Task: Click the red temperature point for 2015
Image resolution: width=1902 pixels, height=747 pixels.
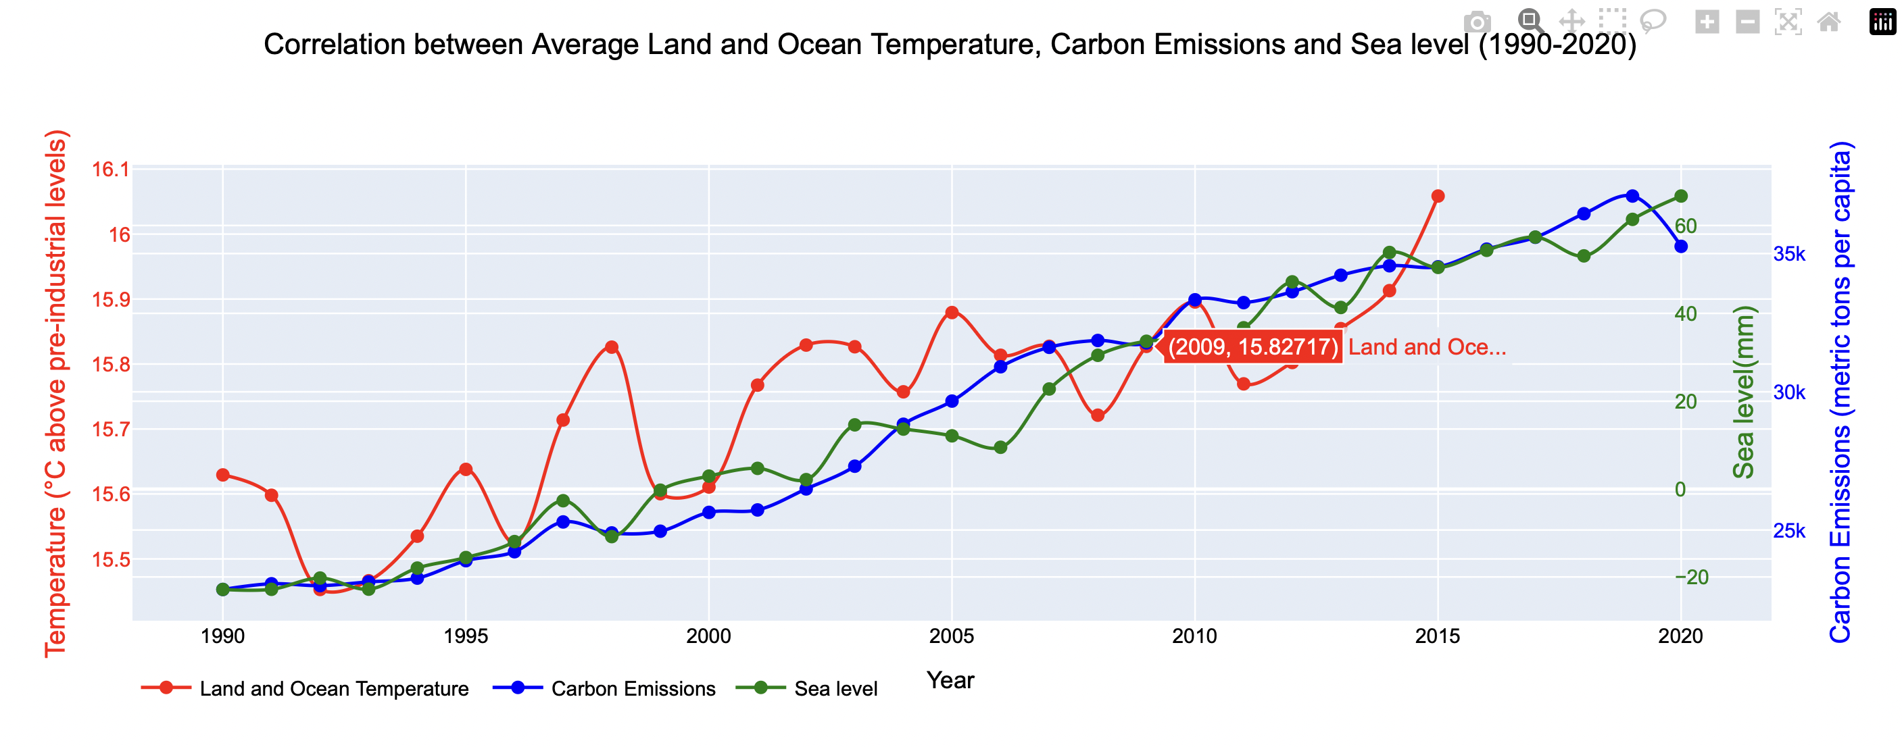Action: (1437, 197)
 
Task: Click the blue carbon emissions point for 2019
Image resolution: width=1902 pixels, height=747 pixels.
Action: (1632, 196)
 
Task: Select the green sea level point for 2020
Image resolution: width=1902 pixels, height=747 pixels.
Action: (1680, 197)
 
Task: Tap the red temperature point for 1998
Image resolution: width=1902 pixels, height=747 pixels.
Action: (611, 347)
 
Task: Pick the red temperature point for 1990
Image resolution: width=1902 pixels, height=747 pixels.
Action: (222, 475)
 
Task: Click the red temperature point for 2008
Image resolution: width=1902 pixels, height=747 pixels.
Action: (1097, 415)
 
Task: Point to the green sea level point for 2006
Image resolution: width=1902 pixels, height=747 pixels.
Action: (1000, 447)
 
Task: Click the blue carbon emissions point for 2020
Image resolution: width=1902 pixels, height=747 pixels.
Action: (1680, 247)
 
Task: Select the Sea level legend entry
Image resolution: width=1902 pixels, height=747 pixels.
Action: (808, 688)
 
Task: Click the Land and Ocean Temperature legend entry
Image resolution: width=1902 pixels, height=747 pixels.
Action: (306, 688)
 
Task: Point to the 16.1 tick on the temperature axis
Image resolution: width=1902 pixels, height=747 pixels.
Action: (110, 170)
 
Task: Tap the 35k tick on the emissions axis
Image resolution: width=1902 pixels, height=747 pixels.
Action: (1788, 254)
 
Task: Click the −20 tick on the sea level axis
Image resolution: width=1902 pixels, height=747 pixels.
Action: (1691, 577)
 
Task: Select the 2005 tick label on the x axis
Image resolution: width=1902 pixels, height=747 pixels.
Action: (951, 636)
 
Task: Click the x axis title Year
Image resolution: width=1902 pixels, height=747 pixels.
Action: (950, 680)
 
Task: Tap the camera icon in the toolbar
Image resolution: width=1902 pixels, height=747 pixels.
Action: (1477, 22)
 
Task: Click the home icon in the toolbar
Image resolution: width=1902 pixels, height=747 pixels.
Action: (1828, 22)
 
